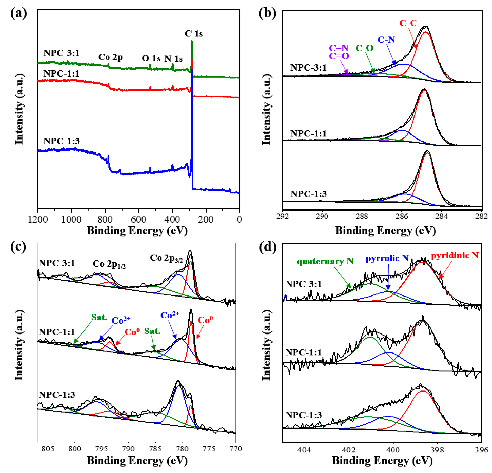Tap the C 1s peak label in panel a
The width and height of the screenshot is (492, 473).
point(194,33)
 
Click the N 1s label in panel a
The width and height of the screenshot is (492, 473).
point(173,59)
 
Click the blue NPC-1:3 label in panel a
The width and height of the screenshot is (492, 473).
point(62,141)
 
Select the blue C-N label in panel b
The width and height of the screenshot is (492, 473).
point(386,40)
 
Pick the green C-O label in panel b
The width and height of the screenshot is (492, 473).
point(365,48)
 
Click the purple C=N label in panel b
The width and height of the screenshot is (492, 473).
point(339,48)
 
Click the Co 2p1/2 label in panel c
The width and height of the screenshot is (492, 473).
point(109,264)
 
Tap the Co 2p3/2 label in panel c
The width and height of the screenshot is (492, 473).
point(166,258)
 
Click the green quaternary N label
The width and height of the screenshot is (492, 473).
point(325,262)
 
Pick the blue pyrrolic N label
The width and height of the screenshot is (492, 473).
point(387,258)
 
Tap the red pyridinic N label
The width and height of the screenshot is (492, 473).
point(455,255)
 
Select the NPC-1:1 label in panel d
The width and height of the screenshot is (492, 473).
point(303,352)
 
